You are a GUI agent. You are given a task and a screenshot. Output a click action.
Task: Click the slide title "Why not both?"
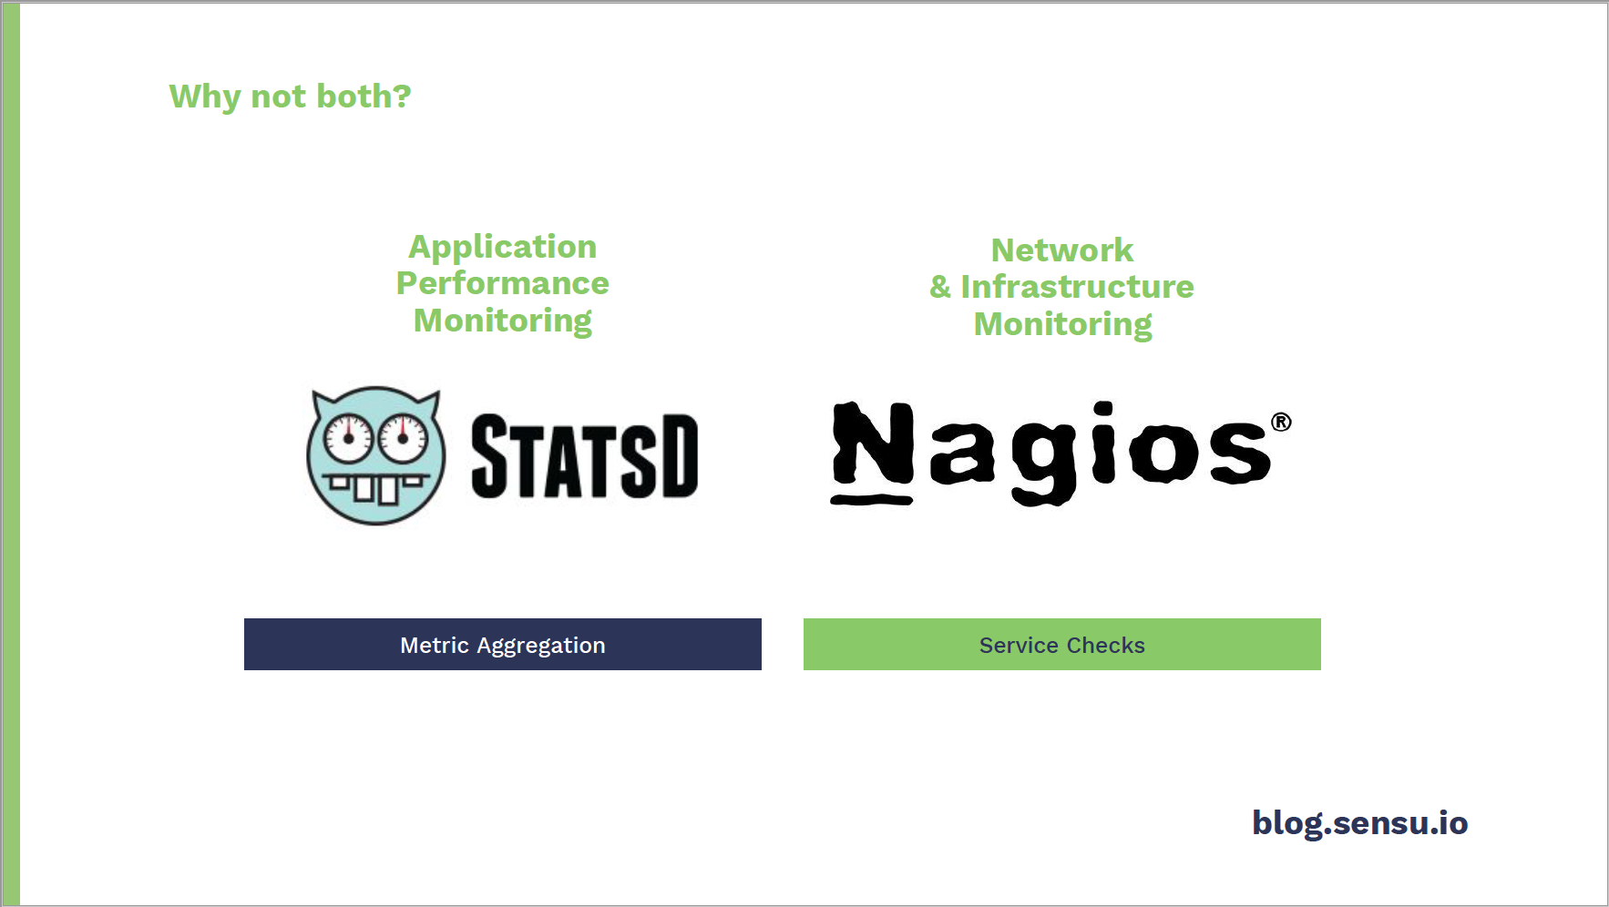(290, 97)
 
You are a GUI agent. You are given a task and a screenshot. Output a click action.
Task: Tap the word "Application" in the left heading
(502, 248)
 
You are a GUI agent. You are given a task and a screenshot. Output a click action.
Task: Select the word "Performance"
(502, 283)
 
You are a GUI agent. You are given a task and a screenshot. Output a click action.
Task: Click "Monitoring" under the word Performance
(502, 321)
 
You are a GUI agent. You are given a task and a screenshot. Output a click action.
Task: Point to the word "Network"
(1062, 250)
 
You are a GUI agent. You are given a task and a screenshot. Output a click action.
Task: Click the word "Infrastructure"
(1077, 287)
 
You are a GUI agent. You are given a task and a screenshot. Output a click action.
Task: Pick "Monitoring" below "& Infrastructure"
(1062, 325)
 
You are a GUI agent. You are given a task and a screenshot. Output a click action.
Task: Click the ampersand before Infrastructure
(940, 288)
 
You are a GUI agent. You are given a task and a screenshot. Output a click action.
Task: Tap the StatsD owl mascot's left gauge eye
(349, 439)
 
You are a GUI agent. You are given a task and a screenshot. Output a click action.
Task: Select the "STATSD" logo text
(585, 456)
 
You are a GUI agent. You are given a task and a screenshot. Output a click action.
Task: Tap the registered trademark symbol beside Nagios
(1281, 422)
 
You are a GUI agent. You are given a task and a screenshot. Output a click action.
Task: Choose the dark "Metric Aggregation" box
(503, 645)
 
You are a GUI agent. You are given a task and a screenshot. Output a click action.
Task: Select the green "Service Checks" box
(1062, 645)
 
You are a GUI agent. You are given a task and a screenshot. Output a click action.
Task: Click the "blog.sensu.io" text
(1360, 823)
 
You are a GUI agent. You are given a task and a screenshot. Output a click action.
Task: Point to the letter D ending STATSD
(680, 456)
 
